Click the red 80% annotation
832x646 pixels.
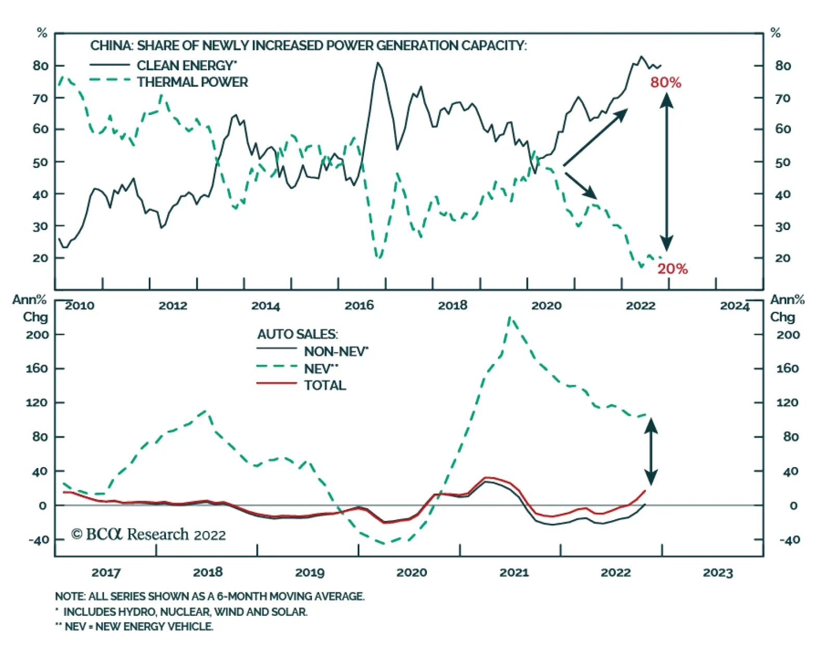(x=666, y=83)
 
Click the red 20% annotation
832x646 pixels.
(x=672, y=269)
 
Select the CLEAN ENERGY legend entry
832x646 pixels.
(x=186, y=66)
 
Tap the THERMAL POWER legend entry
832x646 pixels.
(x=192, y=82)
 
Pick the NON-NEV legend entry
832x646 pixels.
(x=336, y=352)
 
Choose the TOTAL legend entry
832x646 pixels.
(x=325, y=385)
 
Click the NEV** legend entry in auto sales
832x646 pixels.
(x=321, y=369)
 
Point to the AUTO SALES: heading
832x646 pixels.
(x=297, y=334)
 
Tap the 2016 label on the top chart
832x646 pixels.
(x=359, y=305)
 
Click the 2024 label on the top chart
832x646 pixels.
(x=734, y=305)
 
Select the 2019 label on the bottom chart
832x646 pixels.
(x=310, y=573)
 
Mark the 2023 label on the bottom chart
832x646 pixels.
(x=718, y=573)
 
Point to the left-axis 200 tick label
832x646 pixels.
(x=37, y=334)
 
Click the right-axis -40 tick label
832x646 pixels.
(x=789, y=540)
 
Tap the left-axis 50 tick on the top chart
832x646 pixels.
(x=41, y=162)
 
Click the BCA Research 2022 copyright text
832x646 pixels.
(x=149, y=535)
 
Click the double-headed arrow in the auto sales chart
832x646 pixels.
(x=651, y=451)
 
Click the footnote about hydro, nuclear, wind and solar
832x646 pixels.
(x=182, y=612)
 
